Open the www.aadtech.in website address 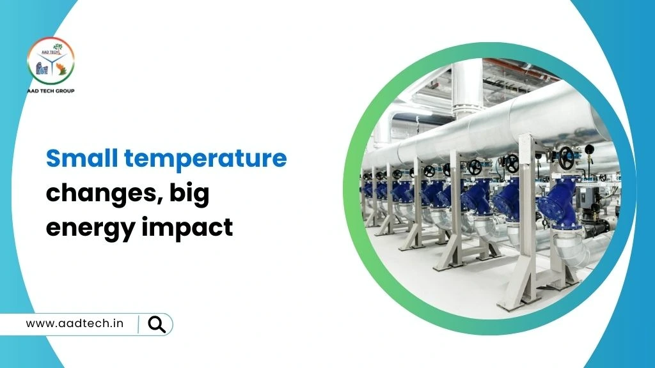[74, 323]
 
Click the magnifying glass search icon [157, 324]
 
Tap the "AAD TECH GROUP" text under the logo [51, 91]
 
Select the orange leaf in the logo [63, 70]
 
